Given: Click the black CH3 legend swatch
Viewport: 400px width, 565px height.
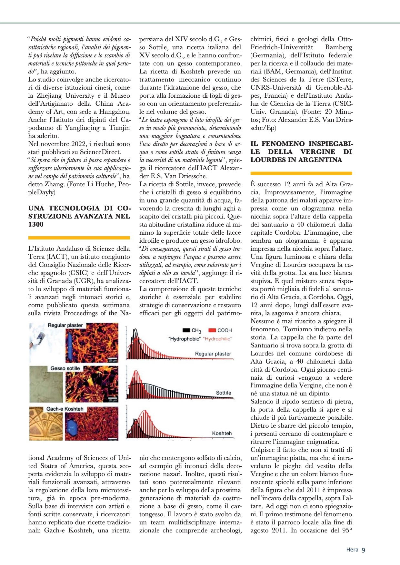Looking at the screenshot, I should click(186, 330).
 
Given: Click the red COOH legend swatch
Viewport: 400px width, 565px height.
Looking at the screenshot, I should click(212, 330).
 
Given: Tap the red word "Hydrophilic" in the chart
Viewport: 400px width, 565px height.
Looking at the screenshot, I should click(217, 339).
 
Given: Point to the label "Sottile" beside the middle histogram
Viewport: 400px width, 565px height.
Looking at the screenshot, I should click(224, 393).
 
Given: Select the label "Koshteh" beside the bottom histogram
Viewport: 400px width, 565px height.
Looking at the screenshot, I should click(222, 433).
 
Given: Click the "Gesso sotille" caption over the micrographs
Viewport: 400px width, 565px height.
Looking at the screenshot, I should click(65, 368).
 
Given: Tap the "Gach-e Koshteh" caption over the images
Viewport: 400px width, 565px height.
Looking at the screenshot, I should click(65, 409).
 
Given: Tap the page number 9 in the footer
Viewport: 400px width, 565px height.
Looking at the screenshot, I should click(364, 550).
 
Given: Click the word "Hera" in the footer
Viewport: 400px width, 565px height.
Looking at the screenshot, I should click(352, 550).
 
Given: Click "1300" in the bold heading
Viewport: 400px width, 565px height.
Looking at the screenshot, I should click(36, 224).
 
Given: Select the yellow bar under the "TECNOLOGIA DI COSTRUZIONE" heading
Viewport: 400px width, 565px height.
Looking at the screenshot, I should click(79, 238).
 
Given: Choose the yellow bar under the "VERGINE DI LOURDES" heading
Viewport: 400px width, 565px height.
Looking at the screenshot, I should click(301, 173).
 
